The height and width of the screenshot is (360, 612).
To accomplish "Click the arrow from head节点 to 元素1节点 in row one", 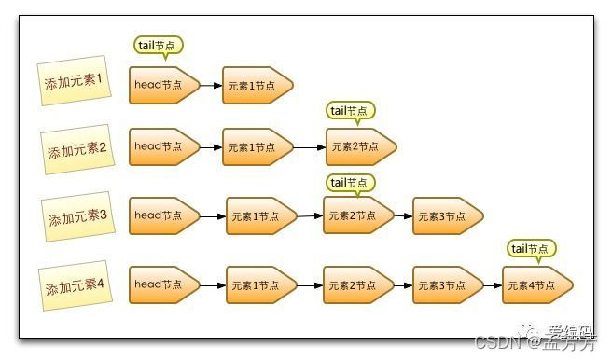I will click(x=211, y=86).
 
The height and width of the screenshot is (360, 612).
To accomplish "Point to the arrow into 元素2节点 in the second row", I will click(x=310, y=146).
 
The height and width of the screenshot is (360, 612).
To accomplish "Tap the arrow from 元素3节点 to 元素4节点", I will click(x=493, y=284).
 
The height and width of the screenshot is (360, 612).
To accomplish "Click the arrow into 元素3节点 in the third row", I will click(x=403, y=216).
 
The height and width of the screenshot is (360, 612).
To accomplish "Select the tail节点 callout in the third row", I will click(x=350, y=183).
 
